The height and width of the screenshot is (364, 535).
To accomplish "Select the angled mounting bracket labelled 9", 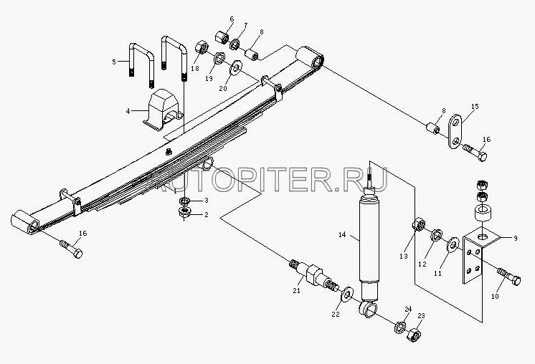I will tap(475, 254).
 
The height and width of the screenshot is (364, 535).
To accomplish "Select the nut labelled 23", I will tap(414, 335).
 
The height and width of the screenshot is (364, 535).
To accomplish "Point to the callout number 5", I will tap(114, 62).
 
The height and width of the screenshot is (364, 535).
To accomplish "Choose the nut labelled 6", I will tap(222, 36).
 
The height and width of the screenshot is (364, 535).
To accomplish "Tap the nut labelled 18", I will tap(202, 49).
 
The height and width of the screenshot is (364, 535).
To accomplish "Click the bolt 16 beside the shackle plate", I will tap(475, 153).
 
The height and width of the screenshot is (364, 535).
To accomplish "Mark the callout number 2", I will tap(206, 214).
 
